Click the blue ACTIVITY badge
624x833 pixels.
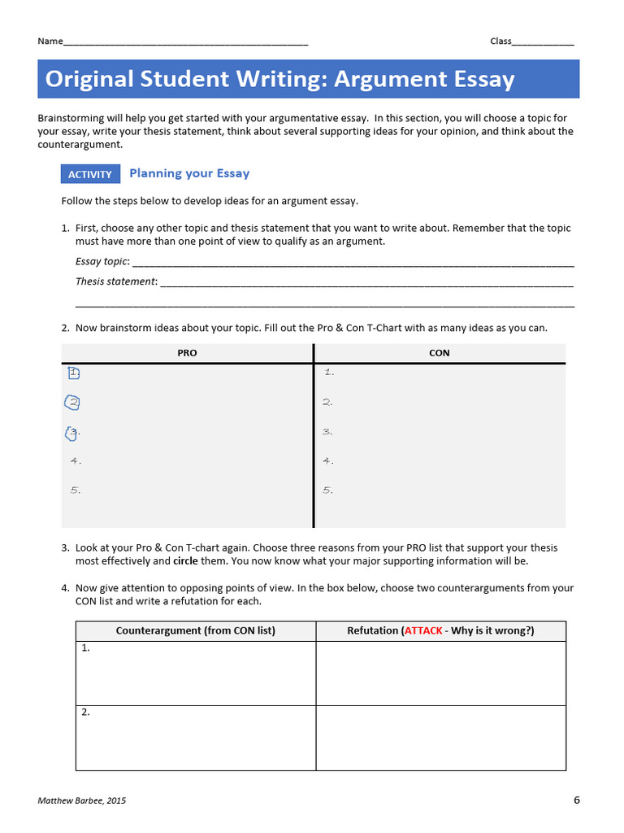click(90, 174)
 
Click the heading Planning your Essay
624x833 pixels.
click(189, 173)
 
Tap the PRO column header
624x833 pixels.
click(187, 353)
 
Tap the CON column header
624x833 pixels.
click(439, 353)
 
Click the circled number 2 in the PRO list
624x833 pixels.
click(73, 402)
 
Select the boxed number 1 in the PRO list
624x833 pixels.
click(74, 373)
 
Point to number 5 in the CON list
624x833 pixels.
click(328, 491)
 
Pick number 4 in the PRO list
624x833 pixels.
click(76, 461)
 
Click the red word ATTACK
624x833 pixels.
click(422, 630)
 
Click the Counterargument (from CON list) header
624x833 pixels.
click(196, 630)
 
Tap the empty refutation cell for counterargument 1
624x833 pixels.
click(440, 673)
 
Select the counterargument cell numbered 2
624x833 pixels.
click(196, 737)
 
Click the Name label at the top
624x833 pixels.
click(50, 41)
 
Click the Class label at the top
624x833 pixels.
click(500, 41)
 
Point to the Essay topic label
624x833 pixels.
click(102, 261)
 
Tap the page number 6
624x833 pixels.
click(577, 800)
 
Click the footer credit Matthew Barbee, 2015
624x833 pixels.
click(82, 800)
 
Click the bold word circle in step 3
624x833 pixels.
click(185, 561)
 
